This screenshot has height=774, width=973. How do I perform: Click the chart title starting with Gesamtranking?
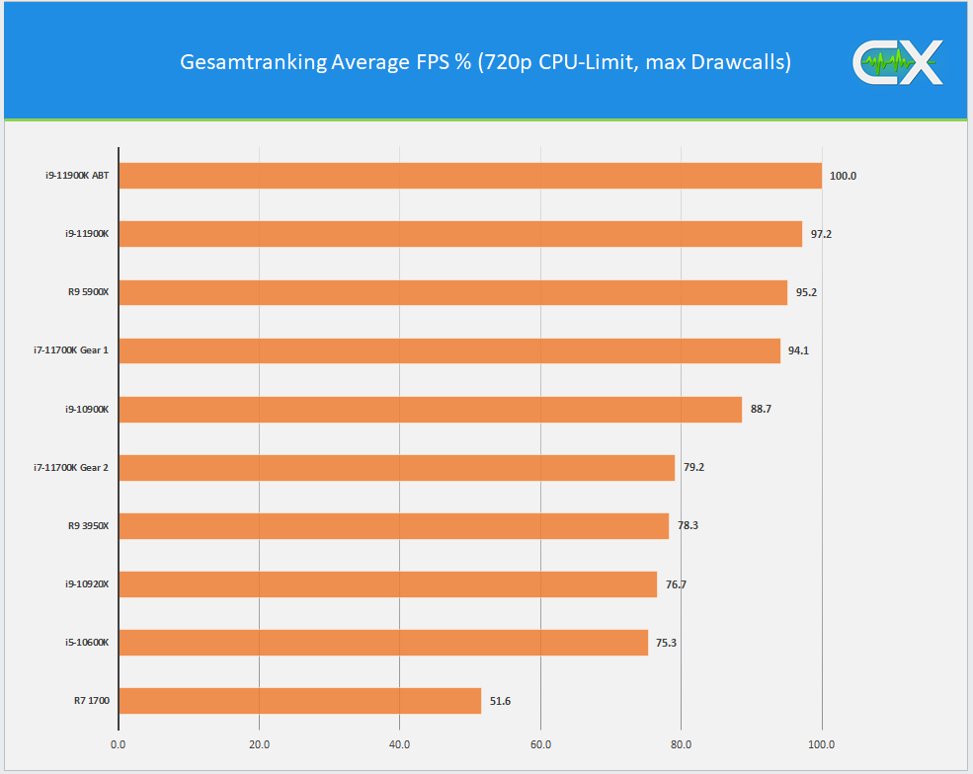click(x=485, y=62)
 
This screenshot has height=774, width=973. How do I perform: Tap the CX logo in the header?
click(x=897, y=63)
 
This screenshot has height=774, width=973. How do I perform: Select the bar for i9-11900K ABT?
click(x=470, y=176)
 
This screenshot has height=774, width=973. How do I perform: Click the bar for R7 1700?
click(x=299, y=701)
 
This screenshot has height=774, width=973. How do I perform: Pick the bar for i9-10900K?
click(x=430, y=409)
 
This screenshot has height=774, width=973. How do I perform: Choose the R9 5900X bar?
click(x=452, y=292)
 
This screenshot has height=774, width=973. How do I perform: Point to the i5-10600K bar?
click(x=383, y=643)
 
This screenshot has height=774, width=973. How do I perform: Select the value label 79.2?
click(x=693, y=467)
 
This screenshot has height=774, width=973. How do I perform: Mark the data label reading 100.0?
click(x=843, y=176)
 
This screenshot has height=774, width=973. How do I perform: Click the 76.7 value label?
click(x=676, y=584)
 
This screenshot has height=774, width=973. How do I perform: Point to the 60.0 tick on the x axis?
click(x=539, y=744)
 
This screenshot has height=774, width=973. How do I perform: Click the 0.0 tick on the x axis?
click(x=119, y=744)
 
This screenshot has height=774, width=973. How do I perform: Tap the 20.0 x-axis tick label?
click(x=259, y=744)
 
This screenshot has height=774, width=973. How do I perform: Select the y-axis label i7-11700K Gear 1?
click(x=70, y=350)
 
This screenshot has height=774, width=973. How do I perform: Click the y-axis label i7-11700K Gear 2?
click(x=70, y=467)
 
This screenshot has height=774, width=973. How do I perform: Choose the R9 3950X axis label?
click(x=88, y=525)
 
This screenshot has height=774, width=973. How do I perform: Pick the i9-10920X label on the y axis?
click(x=87, y=584)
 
